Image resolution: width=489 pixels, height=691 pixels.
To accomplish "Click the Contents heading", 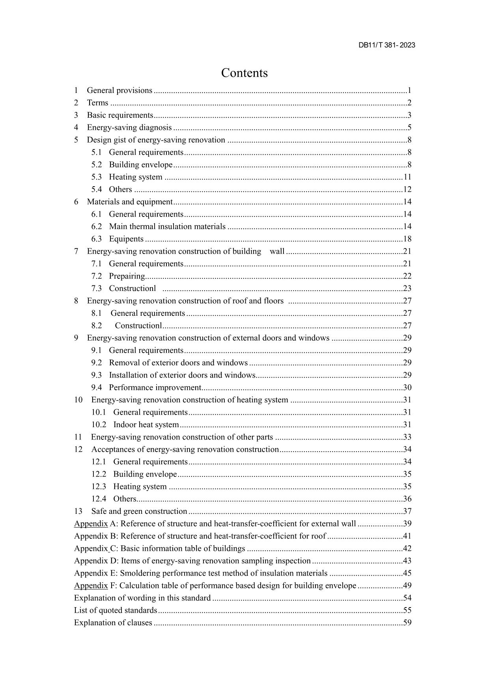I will point(244,73).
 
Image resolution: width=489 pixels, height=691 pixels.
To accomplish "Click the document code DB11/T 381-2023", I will point(386,45).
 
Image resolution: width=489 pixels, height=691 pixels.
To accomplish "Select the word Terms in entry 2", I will point(97,103).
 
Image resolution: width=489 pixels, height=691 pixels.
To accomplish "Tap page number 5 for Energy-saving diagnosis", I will point(409,128).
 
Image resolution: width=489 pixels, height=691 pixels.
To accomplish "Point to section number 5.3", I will point(97,177).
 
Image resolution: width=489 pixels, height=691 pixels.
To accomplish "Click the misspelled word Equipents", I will point(126,239).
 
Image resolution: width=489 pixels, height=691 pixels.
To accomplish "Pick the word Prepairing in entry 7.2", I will point(127,276).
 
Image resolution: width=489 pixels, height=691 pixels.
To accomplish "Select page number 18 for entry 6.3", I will point(407,239).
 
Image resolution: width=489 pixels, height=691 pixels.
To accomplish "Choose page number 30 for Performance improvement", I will point(407,387).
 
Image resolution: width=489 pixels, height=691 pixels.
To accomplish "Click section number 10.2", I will point(99,425).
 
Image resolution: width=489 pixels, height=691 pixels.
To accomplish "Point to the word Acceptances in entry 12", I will point(113,449).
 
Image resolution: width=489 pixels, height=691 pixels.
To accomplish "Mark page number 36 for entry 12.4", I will point(407,499).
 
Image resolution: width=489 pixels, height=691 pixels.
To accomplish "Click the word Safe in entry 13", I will point(99,511).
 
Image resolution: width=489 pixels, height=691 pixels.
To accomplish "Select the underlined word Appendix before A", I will point(91,524).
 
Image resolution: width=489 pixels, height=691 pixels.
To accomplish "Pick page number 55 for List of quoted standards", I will point(407,610).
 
